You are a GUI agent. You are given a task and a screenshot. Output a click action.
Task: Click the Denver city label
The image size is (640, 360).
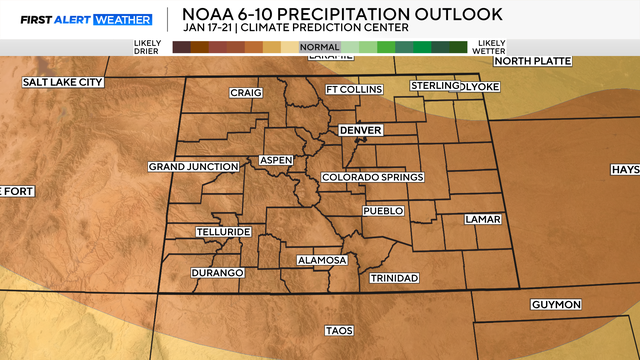point(361,130)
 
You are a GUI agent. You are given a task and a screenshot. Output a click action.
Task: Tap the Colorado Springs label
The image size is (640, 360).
point(372,177)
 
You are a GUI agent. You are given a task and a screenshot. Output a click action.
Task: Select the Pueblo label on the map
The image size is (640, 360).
point(383,211)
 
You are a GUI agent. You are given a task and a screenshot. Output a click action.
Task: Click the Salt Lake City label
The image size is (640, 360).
point(62,82)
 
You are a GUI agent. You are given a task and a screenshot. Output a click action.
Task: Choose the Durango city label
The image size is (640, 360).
point(217,273)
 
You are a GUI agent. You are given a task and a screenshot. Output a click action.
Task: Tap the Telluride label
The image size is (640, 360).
point(222,232)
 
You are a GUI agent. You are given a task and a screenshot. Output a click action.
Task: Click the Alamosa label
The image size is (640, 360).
point(322,261)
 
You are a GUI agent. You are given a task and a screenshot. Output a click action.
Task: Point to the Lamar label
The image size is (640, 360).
point(482,219)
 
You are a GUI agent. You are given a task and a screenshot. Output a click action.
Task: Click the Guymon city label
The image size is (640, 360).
point(555,304)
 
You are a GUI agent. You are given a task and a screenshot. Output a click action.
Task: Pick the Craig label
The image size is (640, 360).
point(245,93)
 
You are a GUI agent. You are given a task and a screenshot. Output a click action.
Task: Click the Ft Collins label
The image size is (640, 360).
point(354,90)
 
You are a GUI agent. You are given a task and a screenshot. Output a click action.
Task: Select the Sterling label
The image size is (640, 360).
point(433,87)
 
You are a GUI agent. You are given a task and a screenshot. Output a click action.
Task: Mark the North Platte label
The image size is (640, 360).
point(533,61)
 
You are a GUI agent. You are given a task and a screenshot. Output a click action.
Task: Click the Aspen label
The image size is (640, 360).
point(276,160)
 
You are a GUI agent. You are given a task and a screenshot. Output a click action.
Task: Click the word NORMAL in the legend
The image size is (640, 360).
point(319,46)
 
